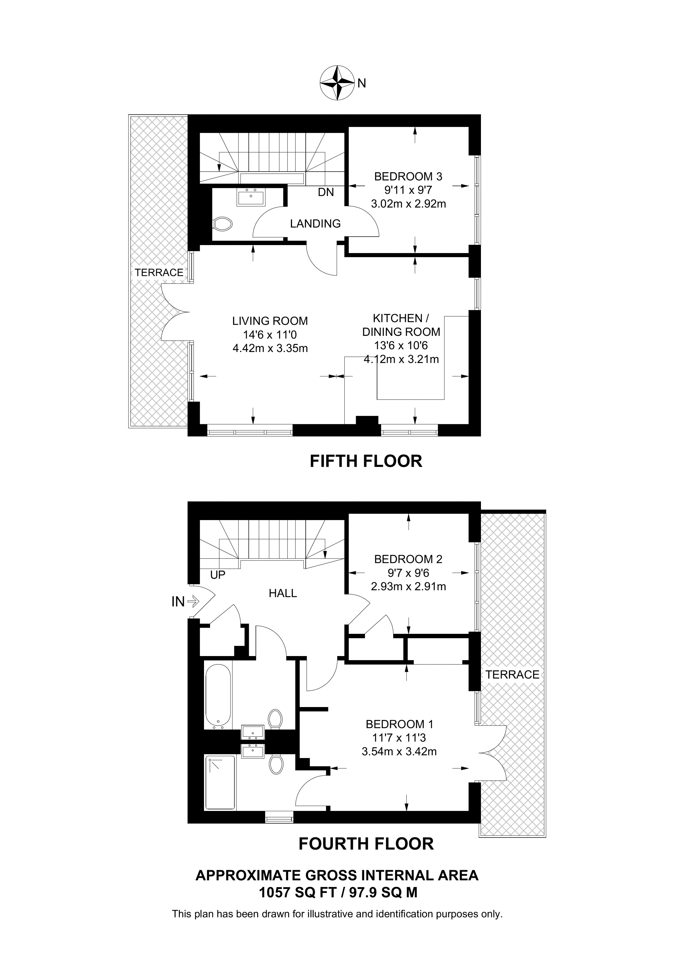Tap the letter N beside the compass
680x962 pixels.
[362, 83]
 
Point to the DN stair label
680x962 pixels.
[326, 192]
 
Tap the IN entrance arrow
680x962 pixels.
[193, 602]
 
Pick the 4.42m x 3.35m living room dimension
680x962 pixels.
[270, 348]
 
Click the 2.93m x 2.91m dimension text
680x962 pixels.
[409, 587]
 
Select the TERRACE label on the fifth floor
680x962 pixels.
[159, 273]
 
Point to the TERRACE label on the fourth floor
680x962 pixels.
[512, 675]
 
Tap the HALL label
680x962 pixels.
[283, 593]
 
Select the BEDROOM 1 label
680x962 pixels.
[400, 724]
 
